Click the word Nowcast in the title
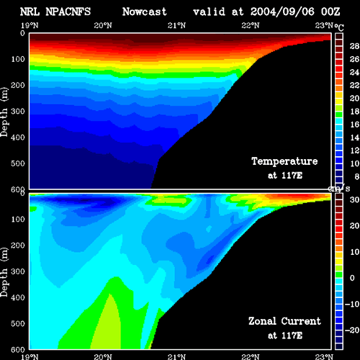145,12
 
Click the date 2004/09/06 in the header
282,12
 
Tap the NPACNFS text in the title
68,12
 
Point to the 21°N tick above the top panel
176,25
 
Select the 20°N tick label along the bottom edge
103,357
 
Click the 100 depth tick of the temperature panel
18,59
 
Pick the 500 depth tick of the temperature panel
18,163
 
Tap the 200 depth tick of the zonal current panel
18,246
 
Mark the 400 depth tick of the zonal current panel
18,297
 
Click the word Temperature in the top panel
284,161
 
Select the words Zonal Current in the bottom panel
284,321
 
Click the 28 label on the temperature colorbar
354,46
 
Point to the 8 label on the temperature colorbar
356,176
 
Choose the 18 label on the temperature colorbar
354,112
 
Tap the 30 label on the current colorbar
354,199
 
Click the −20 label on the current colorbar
352,330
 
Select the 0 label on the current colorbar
352,278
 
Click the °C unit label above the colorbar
339,27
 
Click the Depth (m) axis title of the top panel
4,112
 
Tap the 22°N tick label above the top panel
251,25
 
